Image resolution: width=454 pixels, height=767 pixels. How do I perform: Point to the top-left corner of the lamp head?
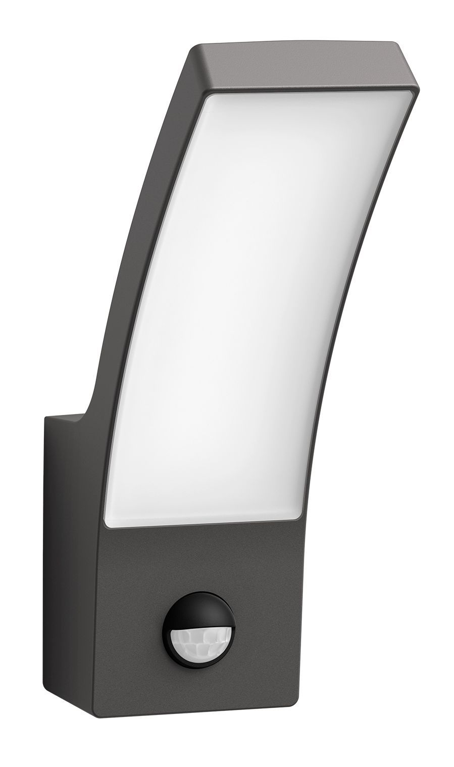click(192, 50)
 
